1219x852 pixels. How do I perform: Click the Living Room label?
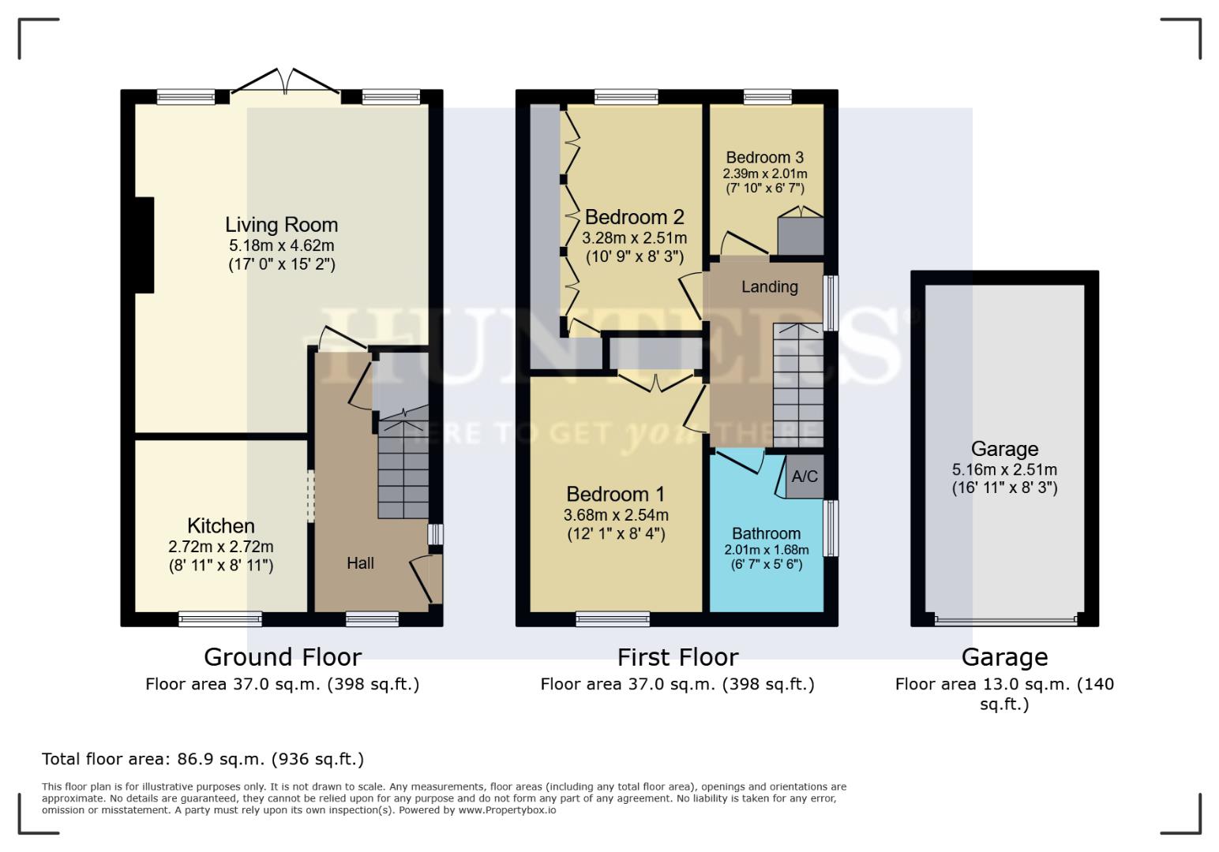[281, 225]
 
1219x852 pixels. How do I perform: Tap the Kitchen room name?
[220, 525]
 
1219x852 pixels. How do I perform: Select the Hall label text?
[360, 562]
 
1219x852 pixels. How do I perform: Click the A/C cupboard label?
[804, 476]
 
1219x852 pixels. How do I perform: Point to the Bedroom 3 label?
[764, 157]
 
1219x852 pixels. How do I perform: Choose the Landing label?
[769, 286]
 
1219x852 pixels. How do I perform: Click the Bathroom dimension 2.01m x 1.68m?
[766, 550]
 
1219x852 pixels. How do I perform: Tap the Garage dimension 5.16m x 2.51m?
[1003, 469]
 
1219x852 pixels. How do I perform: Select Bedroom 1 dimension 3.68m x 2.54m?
[616, 515]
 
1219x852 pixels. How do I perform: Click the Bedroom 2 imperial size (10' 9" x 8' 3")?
[634, 256]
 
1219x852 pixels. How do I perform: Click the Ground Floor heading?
[282, 656]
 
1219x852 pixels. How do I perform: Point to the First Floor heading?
[677, 656]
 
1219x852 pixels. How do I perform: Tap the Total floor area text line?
[203, 759]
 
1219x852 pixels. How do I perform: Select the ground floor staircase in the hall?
[403, 469]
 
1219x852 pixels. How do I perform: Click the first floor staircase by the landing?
[797, 387]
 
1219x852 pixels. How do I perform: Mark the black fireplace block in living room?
[144, 245]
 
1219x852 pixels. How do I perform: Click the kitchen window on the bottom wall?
[219, 619]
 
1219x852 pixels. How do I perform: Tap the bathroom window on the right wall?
[831, 528]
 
